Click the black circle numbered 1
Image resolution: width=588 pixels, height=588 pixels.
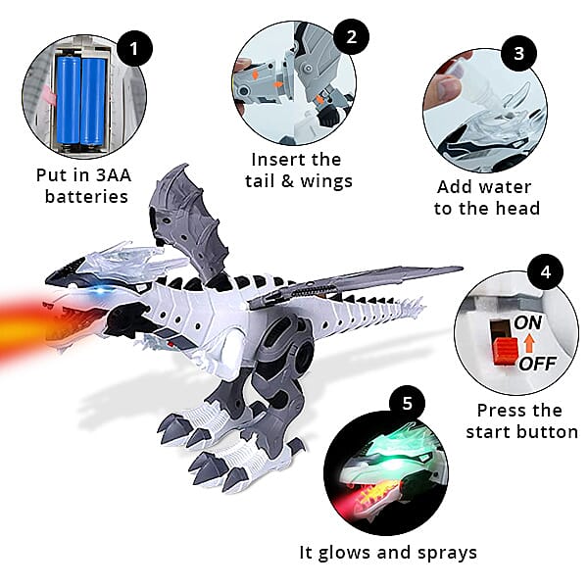click(133, 46)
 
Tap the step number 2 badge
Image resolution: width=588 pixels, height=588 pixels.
click(350, 37)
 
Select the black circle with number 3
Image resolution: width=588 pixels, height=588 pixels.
click(517, 51)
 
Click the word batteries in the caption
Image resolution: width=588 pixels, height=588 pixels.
click(87, 196)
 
